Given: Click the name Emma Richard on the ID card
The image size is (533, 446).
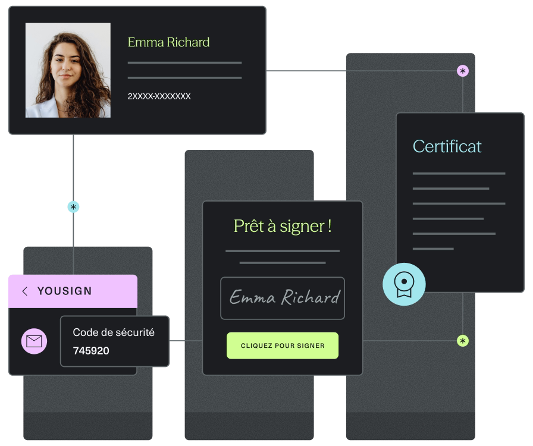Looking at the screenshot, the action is point(168,42).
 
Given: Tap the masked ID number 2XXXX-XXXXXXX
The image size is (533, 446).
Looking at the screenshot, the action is point(159,96).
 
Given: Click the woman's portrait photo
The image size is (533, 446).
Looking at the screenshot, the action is point(68,70).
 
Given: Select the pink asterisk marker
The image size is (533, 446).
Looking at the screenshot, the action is point(463,71).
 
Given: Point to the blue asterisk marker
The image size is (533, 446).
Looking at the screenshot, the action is point(73,207).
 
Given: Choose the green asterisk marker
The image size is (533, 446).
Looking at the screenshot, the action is point(463,341).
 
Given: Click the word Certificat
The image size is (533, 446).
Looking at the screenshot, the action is point(447,146).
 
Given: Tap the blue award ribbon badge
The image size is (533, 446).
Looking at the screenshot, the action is point(404,284).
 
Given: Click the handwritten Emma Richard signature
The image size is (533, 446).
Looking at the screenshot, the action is point(284,297).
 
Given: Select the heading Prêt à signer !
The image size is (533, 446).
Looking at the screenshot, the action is point(283,226).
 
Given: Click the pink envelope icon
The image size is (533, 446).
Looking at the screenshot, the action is point(34,341).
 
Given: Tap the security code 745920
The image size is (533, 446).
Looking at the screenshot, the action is point(91,350).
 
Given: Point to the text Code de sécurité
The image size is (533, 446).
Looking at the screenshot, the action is point(114,332).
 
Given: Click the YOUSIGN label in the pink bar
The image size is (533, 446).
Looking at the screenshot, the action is point(65,291).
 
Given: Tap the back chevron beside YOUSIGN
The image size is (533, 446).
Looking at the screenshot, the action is point(24,291).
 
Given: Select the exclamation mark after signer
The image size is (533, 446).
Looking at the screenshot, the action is point(330,227).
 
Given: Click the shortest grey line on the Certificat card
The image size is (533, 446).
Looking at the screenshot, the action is point(433,249).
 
